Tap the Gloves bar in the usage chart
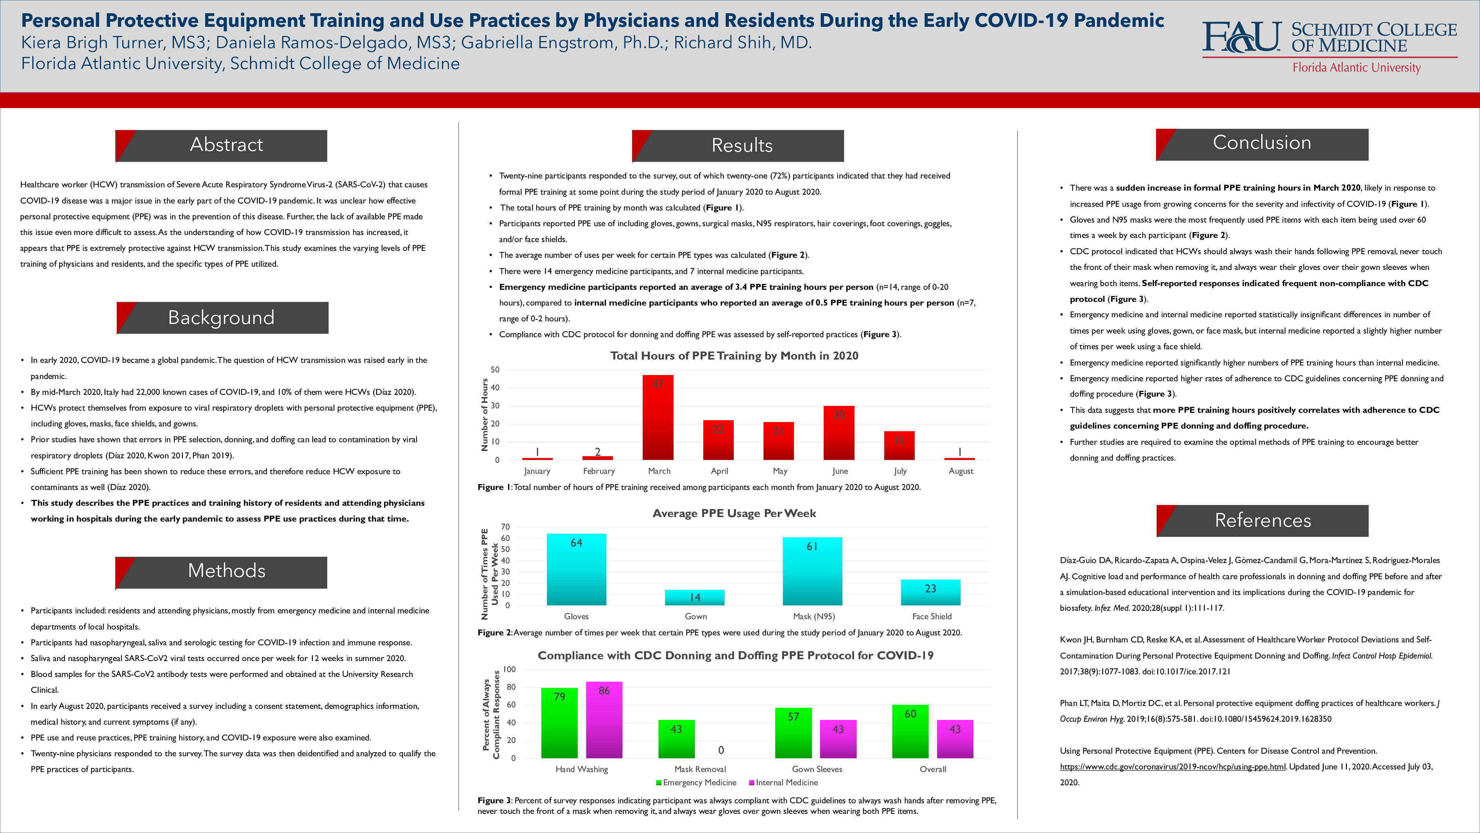pos(576,569)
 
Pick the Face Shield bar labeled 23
pos(930,592)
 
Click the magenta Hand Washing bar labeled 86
pos(604,720)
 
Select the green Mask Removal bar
pos(676,739)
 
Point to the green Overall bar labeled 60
pos(910,731)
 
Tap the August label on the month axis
pos(961,471)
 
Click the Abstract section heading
pos(226,145)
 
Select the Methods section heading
pos(226,571)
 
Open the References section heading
pos(1262,520)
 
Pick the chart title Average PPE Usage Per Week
pos(734,513)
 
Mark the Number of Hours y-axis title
pos(484,415)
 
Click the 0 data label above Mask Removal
pos(721,750)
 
